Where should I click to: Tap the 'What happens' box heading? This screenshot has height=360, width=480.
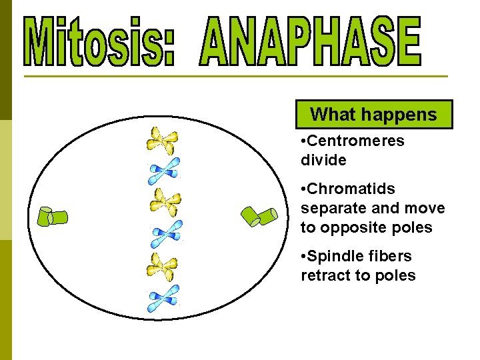pos(373,115)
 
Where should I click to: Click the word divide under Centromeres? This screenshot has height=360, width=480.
pos(323,160)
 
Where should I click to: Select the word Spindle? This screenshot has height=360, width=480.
pos(337,256)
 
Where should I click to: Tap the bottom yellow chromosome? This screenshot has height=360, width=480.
pos(161,267)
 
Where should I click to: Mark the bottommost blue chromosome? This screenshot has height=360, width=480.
pos(163,298)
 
